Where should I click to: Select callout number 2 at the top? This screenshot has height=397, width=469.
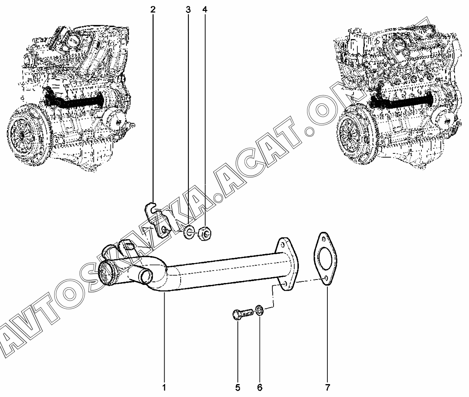(x=153, y=10)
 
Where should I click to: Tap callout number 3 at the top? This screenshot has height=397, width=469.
(x=188, y=10)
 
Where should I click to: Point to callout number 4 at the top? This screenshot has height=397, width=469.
(x=205, y=10)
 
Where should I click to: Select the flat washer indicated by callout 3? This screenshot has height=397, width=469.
(x=188, y=232)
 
